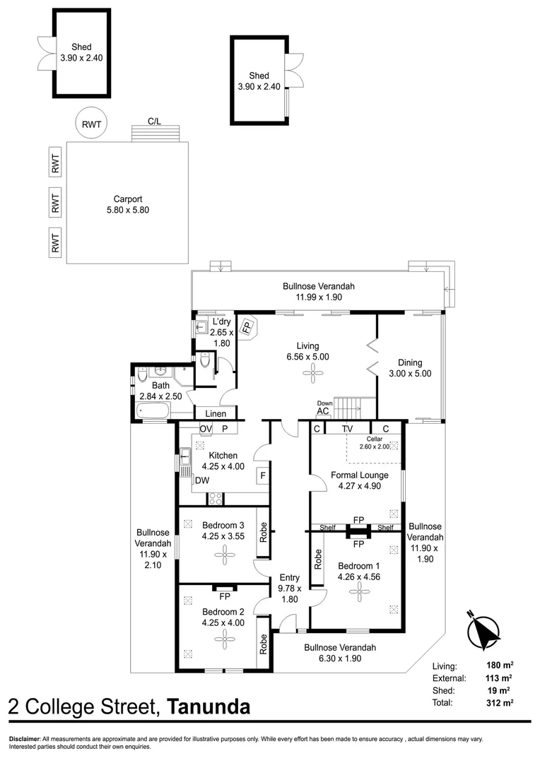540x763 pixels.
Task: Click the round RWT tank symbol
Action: tap(90, 124)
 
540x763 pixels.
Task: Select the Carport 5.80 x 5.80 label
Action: tap(128, 204)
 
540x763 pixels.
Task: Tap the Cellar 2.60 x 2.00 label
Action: tap(373, 442)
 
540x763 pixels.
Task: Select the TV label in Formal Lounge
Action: tap(347, 429)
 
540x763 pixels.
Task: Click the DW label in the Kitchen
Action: tap(201, 480)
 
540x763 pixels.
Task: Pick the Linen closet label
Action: tap(216, 413)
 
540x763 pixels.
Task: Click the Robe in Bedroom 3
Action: tap(262, 532)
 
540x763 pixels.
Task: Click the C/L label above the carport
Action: tap(154, 122)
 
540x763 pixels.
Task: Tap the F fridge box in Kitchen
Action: tap(262, 476)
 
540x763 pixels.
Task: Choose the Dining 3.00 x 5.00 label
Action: tap(409, 368)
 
